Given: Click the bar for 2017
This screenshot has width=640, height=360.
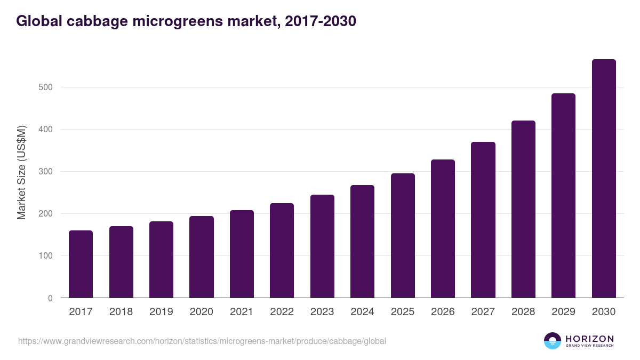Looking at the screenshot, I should coord(81,264).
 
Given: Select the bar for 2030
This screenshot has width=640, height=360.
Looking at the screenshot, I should coord(604,179).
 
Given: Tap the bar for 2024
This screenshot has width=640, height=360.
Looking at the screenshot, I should coord(362,242).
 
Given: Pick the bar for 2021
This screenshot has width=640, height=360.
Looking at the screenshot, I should coord(242,254).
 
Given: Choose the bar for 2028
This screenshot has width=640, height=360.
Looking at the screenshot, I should coord(523,209).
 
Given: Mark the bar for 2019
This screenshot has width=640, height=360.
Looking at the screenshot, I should coord(161,260).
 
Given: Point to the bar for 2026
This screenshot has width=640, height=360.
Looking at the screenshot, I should coord(443,229).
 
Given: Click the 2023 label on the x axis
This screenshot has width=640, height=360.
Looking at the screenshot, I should coord(322,312).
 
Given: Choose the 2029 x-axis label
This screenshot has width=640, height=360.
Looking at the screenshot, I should coord(563,312).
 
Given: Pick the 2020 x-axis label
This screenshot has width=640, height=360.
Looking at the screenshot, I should coord(202,312).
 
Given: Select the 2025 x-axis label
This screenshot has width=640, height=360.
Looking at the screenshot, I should coord(402,312).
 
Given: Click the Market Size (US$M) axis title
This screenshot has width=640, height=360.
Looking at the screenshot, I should coord(21,172).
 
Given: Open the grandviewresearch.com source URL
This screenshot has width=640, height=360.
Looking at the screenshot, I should coord(202,341).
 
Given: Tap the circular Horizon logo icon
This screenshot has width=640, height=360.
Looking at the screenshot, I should coord(553,341).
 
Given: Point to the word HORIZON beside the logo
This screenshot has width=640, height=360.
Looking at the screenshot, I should coord(589,338).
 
